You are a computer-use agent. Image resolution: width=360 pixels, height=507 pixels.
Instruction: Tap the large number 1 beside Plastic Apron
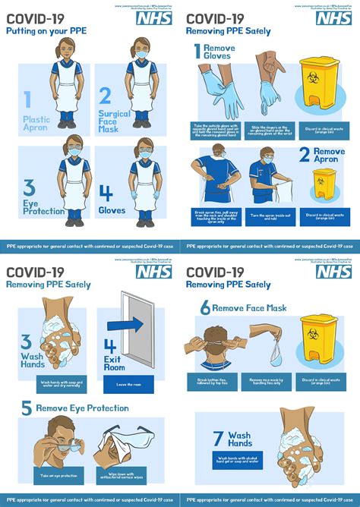coord(28,99)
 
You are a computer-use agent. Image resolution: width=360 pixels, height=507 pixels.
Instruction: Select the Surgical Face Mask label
coord(113,121)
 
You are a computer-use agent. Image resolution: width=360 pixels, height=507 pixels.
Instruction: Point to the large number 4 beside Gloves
coord(106,194)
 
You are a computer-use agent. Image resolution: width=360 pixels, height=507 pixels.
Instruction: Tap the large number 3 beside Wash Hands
coord(26,342)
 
